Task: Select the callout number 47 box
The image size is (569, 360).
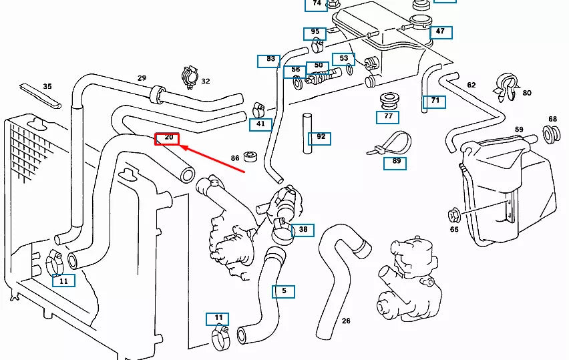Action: coord(440,32)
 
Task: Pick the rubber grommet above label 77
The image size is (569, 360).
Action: coord(388,102)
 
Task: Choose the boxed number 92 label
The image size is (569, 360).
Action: coord(319,138)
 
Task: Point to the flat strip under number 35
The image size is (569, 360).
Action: coord(40,96)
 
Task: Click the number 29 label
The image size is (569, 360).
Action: coord(142,78)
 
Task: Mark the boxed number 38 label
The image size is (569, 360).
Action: coord(303,230)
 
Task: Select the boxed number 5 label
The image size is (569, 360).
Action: coord(283,291)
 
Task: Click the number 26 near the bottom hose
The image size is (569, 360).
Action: coord(346,321)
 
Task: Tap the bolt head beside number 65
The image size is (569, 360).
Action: coord(453,215)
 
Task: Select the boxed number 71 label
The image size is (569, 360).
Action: coord(433,102)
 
